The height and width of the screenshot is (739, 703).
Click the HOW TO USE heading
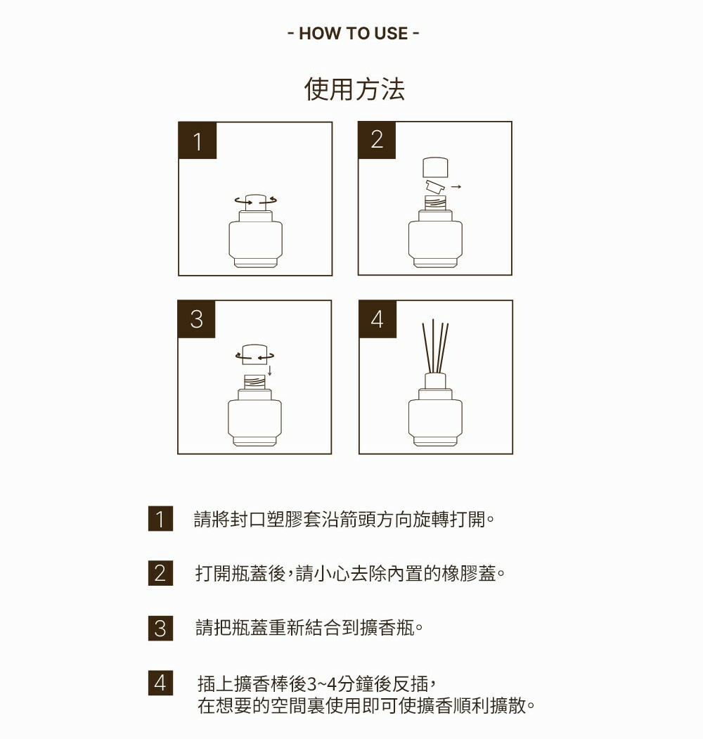pos(353,34)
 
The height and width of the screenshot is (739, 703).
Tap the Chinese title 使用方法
pos(354,89)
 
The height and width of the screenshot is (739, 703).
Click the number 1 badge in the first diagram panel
pos(198,141)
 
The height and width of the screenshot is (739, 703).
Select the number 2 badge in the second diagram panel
pos(377,140)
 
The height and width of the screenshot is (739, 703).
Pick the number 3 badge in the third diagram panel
pos(196,319)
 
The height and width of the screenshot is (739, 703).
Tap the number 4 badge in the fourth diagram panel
pos(378,319)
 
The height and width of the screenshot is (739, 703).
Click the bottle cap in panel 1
pos(256,203)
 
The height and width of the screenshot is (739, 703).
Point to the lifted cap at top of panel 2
pos(435,167)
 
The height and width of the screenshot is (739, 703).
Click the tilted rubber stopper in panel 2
pos(435,186)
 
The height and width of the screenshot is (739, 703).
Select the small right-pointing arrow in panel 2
pos(456,187)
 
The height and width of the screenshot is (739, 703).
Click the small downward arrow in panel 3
pos(269,371)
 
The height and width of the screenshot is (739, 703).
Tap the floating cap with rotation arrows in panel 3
pos(255,354)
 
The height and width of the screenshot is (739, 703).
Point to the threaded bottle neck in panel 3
pos(254,382)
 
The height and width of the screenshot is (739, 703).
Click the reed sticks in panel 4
pos(435,347)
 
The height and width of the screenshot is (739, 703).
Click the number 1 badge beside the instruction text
pos(160,519)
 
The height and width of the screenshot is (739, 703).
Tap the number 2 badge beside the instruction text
pos(160,573)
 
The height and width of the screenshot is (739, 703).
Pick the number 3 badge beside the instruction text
pos(160,628)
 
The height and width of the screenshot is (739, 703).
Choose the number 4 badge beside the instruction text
pos(160,683)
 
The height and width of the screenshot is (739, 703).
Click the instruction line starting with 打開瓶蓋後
pos(350,574)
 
